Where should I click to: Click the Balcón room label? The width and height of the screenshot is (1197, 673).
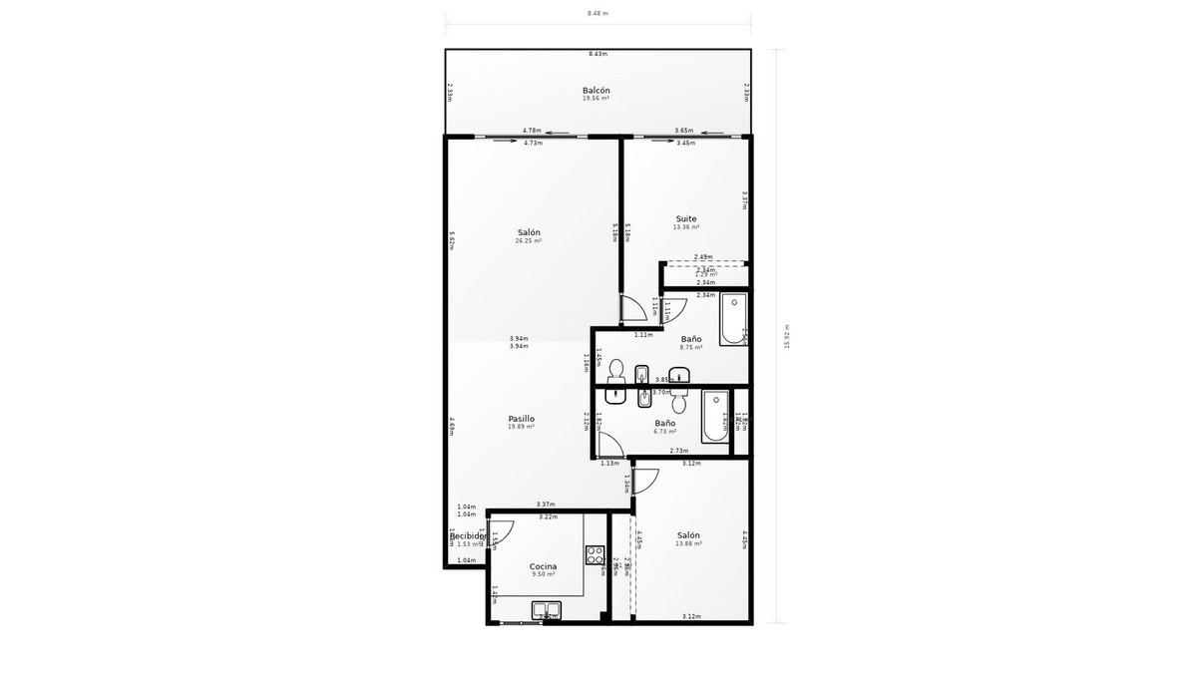click(x=596, y=91)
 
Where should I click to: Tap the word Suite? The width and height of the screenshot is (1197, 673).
click(x=686, y=218)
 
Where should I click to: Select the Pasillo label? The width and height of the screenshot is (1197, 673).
click(x=521, y=419)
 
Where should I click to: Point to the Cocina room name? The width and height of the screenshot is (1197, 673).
click(x=543, y=566)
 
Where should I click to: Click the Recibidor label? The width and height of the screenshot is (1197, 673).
click(x=468, y=536)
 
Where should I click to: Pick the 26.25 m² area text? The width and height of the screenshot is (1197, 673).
click(x=528, y=241)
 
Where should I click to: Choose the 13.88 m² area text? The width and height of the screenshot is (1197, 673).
click(x=688, y=543)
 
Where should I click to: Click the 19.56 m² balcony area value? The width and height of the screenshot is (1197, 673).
click(x=596, y=99)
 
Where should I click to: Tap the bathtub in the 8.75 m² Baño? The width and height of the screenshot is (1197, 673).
click(x=733, y=319)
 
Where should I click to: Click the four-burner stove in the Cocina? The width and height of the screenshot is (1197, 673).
click(x=595, y=555)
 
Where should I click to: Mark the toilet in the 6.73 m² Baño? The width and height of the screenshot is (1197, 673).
click(x=678, y=403)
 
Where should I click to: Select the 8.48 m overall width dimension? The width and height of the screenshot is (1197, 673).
click(x=598, y=13)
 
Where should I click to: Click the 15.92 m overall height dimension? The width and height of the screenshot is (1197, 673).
click(x=787, y=336)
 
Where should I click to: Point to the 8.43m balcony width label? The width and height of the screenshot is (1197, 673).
click(x=598, y=54)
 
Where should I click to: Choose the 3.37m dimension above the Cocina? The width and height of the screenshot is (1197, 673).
click(x=546, y=505)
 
